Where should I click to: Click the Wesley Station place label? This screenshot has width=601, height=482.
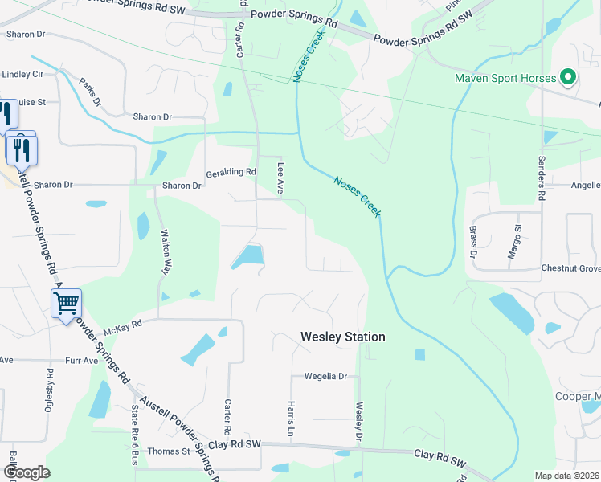click(342, 337)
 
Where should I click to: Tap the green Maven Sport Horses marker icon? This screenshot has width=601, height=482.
click(569, 78)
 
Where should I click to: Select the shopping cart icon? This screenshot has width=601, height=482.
click(66, 304)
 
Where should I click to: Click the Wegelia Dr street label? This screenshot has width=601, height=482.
click(325, 376)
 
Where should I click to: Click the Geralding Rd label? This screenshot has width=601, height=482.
click(231, 172)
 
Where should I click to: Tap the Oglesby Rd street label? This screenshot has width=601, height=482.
click(50, 390)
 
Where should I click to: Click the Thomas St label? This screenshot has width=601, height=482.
click(169, 451)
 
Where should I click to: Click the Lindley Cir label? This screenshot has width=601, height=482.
click(22, 74)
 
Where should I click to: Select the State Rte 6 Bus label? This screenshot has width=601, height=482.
click(134, 435)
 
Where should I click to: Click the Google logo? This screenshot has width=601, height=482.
click(27, 472)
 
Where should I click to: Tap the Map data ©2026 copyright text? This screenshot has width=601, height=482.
click(566, 476)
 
